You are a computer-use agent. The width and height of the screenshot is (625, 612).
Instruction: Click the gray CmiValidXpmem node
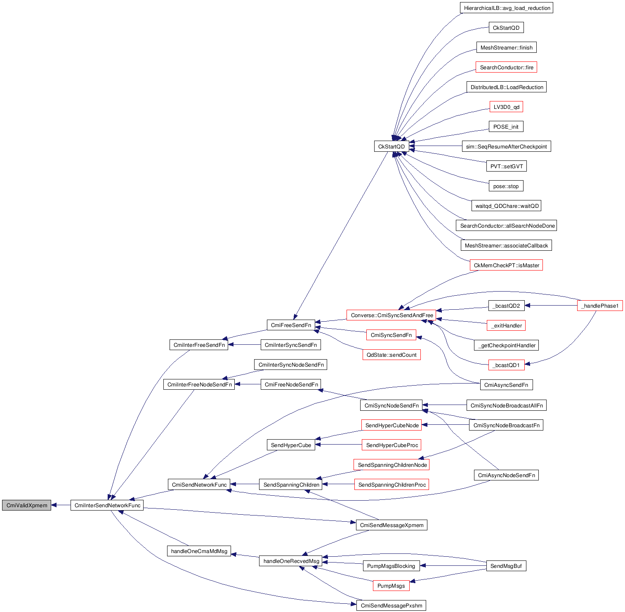point(27,505)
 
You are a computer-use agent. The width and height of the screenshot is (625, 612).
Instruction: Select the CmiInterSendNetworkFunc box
point(107,505)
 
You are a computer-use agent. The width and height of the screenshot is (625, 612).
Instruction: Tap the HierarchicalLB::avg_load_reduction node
point(507,8)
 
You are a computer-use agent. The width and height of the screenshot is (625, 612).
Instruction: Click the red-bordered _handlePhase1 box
point(600,306)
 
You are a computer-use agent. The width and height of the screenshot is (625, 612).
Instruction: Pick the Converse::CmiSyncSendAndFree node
point(392,315)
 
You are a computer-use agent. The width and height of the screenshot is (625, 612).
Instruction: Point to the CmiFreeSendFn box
point(291,325)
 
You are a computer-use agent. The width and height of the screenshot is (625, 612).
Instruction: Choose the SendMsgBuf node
point(506,566)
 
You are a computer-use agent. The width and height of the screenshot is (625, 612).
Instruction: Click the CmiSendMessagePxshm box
point(391,605)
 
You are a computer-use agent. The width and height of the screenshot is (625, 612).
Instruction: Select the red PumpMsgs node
point(391,586)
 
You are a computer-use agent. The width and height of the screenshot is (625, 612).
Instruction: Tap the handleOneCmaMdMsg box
point(199,551)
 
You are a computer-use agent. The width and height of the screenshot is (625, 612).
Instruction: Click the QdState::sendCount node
point(392,355)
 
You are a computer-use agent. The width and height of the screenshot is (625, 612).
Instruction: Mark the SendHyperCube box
point(291,445)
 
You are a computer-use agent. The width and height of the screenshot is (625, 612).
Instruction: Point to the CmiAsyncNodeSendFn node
point(506,475)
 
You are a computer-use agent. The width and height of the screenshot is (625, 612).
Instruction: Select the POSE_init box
point(506,127)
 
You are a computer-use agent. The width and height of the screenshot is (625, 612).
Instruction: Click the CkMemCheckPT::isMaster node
point(506,265)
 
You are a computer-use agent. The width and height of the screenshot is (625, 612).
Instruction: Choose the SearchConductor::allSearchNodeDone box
point(506,226)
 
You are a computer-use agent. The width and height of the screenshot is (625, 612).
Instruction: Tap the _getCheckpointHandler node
point(506,345)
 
